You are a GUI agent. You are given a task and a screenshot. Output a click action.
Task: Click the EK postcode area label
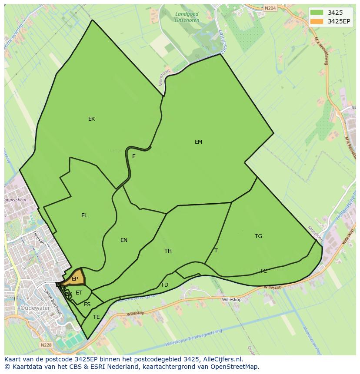point(91,119)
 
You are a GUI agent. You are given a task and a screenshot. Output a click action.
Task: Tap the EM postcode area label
point(198,142)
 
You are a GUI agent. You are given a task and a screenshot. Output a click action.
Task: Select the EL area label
point(84,215)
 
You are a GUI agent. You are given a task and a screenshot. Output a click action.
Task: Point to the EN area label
point(124,240)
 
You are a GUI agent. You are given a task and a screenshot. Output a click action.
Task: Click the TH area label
point(168,251)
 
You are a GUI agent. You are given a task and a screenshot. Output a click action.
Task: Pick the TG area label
point(258,236)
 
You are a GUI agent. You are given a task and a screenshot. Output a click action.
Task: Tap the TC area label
point(263,271)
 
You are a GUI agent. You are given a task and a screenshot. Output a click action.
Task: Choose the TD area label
point(164,285)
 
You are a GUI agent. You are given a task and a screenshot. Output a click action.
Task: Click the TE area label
point(97,317)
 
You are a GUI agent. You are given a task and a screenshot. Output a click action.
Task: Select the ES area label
point(87,304)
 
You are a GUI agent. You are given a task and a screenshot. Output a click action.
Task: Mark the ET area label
point(79,293)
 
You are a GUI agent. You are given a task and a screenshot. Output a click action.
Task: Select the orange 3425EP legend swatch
point(317,21)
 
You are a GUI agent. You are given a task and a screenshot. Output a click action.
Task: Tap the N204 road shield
point(270,8)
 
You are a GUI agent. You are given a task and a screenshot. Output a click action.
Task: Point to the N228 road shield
point(46,345)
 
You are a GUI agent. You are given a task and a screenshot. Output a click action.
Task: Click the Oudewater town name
point(34,308)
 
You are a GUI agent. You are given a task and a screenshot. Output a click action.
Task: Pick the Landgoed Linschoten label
point(187,17)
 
